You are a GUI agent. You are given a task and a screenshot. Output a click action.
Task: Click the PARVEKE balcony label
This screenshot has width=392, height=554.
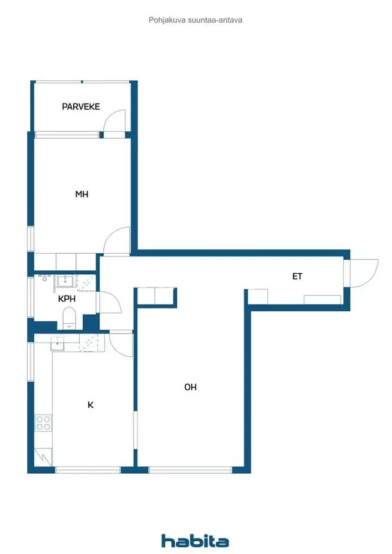(80, 106)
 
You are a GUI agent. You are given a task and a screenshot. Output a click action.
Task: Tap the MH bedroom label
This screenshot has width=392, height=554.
(82, 194)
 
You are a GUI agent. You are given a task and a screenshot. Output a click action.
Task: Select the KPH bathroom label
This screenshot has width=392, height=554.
(67, 299)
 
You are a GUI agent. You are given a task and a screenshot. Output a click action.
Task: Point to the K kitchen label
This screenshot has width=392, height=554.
(90, 405)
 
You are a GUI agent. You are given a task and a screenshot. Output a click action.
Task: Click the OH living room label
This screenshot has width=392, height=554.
(191, 387)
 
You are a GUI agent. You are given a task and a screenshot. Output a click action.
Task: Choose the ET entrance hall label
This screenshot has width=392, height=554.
(297, 276)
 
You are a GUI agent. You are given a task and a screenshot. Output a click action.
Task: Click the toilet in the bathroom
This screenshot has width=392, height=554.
(69, 317)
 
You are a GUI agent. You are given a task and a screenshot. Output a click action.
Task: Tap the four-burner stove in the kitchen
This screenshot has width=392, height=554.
(43, 423)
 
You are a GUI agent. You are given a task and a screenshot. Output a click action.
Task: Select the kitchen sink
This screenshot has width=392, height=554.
(57, 343)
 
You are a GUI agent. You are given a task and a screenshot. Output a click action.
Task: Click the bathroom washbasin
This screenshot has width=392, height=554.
(65, 281)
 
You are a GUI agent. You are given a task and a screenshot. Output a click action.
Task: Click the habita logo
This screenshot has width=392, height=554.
(195, 541)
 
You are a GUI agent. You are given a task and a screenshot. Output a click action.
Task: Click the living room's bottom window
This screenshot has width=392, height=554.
(190, 470)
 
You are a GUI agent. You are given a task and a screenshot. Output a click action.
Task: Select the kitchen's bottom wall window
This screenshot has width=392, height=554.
(88, 470)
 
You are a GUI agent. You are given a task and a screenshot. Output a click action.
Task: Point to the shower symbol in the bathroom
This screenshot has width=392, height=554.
(86, 283)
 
